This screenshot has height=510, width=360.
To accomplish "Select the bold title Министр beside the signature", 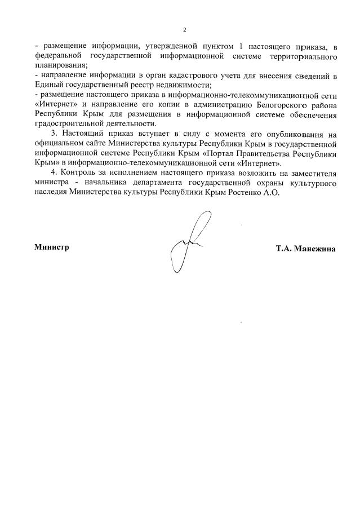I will [x=52, y=247].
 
